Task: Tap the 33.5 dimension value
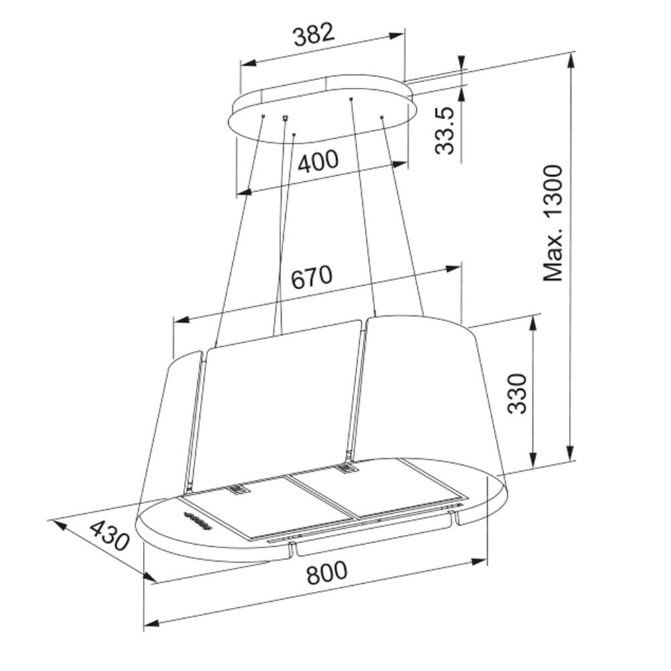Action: point(444,131)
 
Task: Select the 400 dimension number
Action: point(318,161)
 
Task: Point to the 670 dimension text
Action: point(311,277)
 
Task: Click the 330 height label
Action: point(517,393)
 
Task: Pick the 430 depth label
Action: point(109,535)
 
